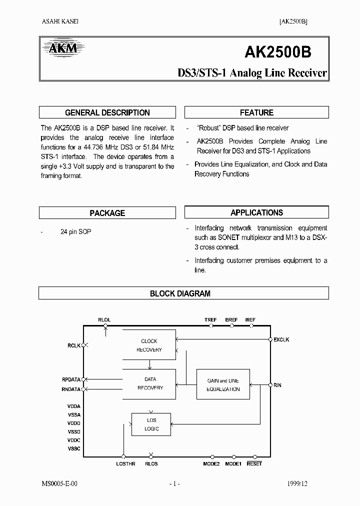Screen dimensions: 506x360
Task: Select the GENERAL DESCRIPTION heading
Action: (x=107, y=112)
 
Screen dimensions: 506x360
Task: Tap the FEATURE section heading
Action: (x=256, y=112)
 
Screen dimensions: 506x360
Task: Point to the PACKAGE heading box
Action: (x=107, y=213)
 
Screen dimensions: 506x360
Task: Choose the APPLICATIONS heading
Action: (x=256, y=212)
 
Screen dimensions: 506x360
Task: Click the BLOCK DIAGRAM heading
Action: (x=180, y=293)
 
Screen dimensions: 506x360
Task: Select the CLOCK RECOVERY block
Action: (x=149, y=345)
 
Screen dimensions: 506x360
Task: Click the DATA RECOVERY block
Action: (x=149, y=384)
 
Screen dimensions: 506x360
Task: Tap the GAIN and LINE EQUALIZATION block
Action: (x=223, y=384)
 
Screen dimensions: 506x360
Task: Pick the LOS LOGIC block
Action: (x=151, y=424)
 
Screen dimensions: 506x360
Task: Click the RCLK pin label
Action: (x=74, y=345)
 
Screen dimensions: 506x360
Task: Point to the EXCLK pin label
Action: (x=281, y=340)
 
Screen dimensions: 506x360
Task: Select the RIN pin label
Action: (x=277, y=385)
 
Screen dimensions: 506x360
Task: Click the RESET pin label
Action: (x=254, y=464)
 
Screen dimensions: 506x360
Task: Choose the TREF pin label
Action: (x=210, y=319)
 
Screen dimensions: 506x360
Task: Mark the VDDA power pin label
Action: (x=73, y=406)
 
